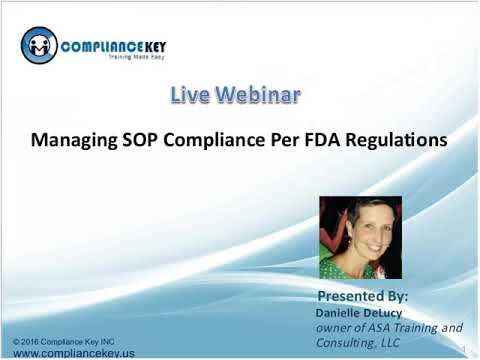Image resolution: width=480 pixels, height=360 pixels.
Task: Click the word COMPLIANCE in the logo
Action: coord(95,46)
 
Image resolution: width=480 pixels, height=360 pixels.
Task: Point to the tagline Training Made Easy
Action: coord(115,61)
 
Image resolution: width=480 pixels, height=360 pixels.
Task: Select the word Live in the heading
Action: coord(188,97)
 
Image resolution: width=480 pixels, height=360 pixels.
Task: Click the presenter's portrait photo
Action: coord(359,237)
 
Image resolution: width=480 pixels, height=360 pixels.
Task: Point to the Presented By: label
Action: coord(362,297)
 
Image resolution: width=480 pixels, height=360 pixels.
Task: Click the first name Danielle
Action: coord(341,311)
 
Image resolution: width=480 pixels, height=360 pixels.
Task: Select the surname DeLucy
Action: coord(391,311)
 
